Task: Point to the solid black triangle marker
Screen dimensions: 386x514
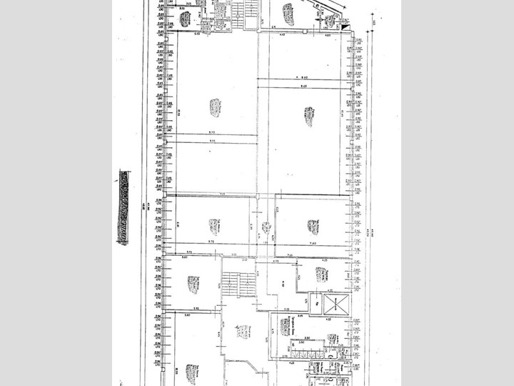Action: click(348, 26)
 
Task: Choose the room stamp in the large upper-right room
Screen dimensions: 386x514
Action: click(309, 117)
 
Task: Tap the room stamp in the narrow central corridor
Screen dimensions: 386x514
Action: click(266, 228)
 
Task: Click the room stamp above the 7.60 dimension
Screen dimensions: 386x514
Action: click(313, 227)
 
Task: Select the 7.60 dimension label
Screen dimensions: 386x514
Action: click(313, 244)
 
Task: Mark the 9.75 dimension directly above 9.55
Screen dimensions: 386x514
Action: click(212, 133)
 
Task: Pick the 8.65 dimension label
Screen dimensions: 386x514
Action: click(303, 86)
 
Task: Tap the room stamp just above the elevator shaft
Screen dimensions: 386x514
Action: click(320, 274)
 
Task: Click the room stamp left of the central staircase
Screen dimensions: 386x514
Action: click(192, 284)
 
